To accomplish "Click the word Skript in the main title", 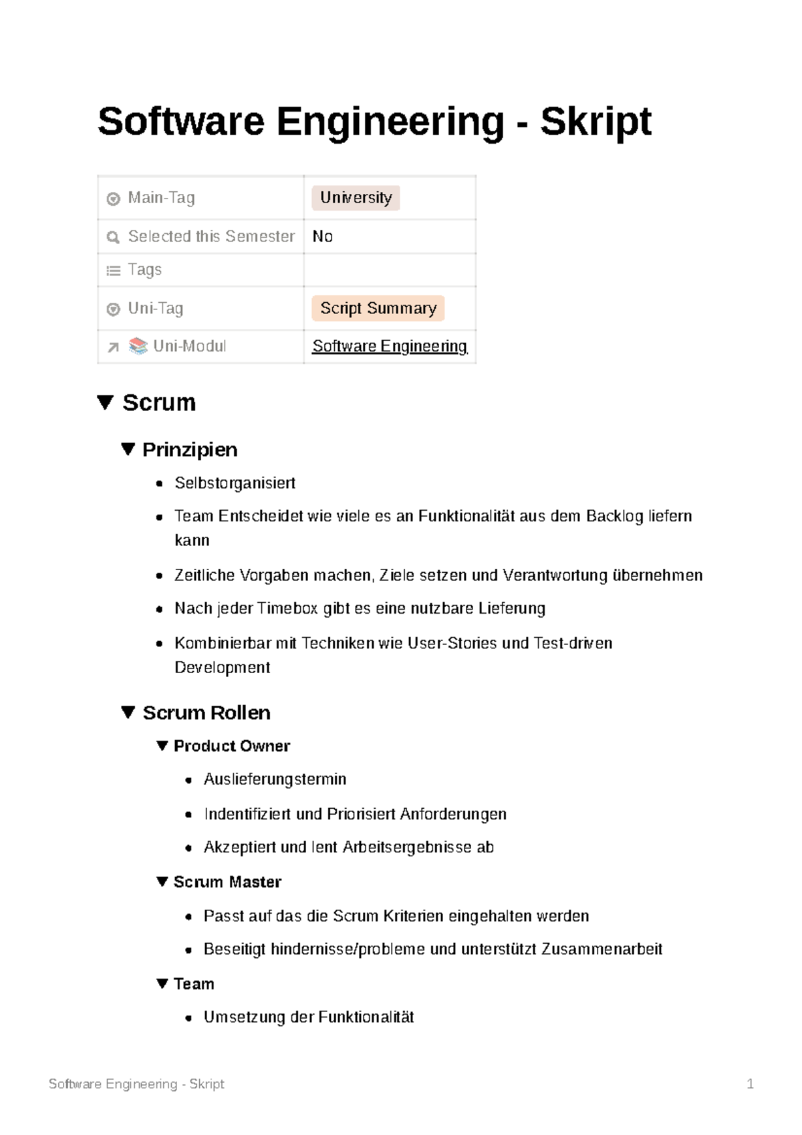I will pyautogui.click(x=595, y=122).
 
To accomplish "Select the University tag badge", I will pyautogui.click(x=356, y=198).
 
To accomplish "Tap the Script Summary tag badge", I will pyautogui.click(x=378, y=308).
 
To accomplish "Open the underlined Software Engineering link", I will pyautogui.click(x=390, y=346).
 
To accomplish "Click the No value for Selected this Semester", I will pyautogui.click(x=323, y=237).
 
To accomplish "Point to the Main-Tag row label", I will pyautogui.click(x=161, y=198).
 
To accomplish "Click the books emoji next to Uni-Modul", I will pyautogui.click(x=138, y=346).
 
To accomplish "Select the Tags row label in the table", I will pyautogui.click(x=144, y=270).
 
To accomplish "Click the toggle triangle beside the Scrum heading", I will pyautogui.click(x=105, y=402).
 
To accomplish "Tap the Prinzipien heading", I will pyautogui.click(x=190, y=450).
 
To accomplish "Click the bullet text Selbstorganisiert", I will pyautogui.click(x=235, y=483).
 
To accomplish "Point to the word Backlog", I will pyautogui.click(x=614, y=516).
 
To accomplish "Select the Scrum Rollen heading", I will pyautogui.click(x=207, y=713).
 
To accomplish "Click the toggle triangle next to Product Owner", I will pyautogui.click(x=162, y=746).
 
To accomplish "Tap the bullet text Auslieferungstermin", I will pyautogui.click(x=275, y=779).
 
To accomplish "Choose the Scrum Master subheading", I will pyautogui.click(x=227, y=882).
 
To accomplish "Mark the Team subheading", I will pyautogui.click(x=194, y=984).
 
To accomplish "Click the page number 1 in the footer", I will pyautogui.click(x=750, y=1084).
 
